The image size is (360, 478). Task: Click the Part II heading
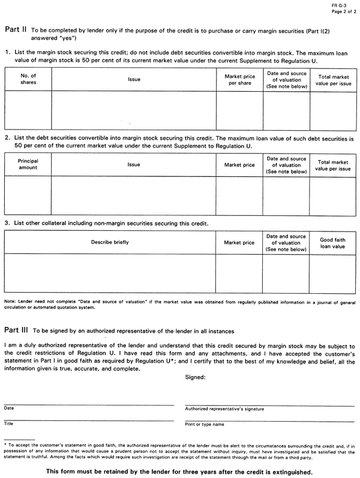coord(15,28)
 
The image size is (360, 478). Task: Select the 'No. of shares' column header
coord(28,79)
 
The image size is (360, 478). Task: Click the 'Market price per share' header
coord(239,80)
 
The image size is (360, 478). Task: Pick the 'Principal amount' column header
coord(28,164)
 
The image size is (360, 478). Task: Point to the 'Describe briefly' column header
coord(110,242)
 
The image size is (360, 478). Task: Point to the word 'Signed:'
coord(196,378)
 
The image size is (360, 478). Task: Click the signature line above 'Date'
coord(89,405)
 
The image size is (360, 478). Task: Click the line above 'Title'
coord(89,420)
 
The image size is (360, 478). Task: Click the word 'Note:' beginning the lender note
coord(10,300)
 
